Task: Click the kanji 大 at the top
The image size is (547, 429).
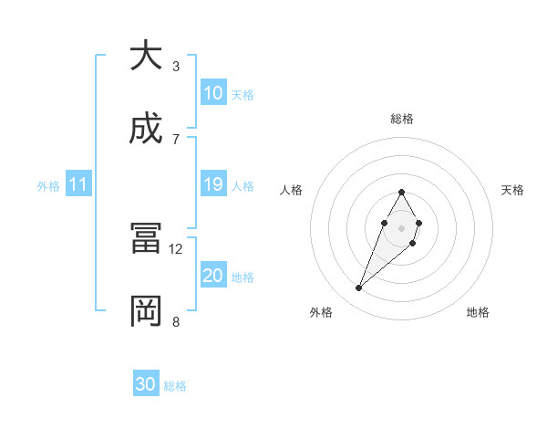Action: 146,57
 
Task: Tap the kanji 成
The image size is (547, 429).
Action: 146,130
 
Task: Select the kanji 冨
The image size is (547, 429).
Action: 146,239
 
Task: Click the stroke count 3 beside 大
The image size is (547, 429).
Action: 175,67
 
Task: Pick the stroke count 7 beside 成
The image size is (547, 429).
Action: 175,139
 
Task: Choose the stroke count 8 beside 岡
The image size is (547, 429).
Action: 175,321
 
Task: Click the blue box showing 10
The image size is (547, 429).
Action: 213,93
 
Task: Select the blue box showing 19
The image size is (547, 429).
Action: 213,185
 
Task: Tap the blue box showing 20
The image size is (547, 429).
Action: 213,276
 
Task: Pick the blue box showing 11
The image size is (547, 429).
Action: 77,185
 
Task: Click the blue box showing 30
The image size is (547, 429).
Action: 146,385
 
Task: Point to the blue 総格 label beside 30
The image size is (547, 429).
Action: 175,386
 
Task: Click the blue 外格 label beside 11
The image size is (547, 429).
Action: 48,186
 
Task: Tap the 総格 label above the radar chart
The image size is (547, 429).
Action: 401,119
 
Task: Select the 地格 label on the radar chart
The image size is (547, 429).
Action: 478,312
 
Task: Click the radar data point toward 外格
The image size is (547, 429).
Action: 358,288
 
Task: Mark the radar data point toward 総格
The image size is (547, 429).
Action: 401,192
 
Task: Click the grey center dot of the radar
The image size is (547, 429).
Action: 401,227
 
